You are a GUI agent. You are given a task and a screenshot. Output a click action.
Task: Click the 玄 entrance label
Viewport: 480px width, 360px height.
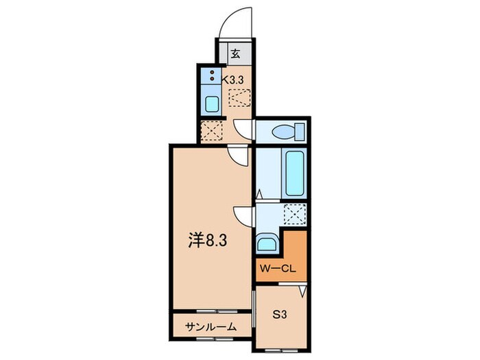point(235,53)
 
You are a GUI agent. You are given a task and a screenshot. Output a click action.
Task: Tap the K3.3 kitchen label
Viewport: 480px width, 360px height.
point(233,80)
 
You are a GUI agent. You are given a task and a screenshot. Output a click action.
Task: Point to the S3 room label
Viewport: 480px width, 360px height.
point(280,315)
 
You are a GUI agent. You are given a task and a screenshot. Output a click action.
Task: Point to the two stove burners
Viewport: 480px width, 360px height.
point(212,75)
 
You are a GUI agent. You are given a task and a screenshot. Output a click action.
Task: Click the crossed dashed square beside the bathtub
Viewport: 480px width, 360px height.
point(294,215)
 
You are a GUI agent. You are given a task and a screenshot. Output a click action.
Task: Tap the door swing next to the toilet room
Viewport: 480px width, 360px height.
point(244,128)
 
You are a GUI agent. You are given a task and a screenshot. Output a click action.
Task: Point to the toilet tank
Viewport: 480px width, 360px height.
point(299,131)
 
